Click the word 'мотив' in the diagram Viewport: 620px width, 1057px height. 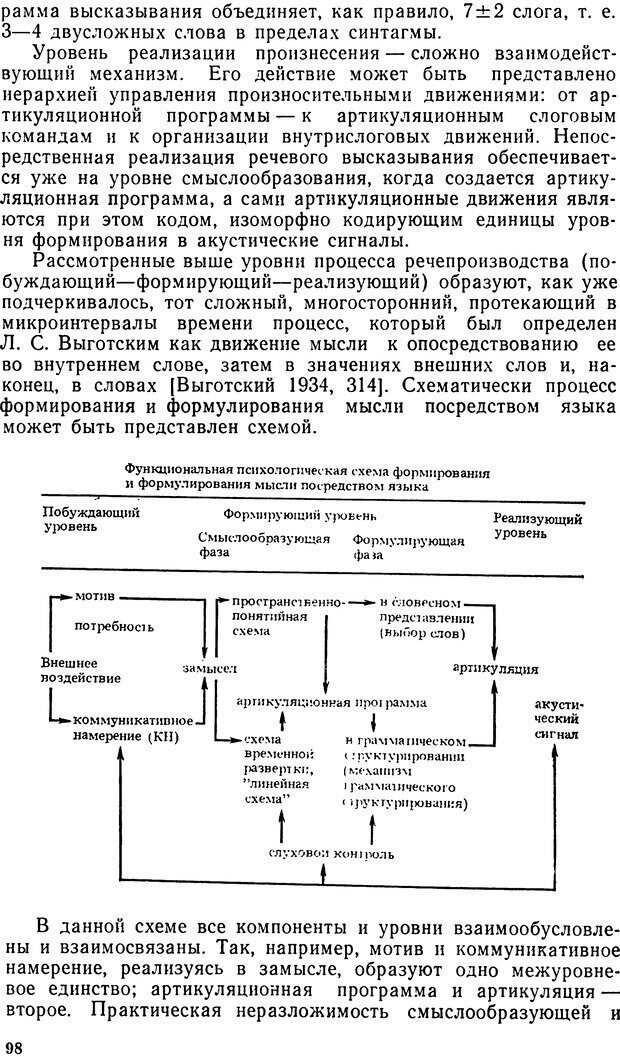click(95, 596)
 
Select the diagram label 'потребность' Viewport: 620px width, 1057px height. click(115, 626)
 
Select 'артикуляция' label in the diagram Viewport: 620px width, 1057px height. click(496, 668)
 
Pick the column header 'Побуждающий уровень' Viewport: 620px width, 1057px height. click(90, 520)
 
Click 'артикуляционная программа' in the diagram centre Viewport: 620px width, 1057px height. click(330, 702)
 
